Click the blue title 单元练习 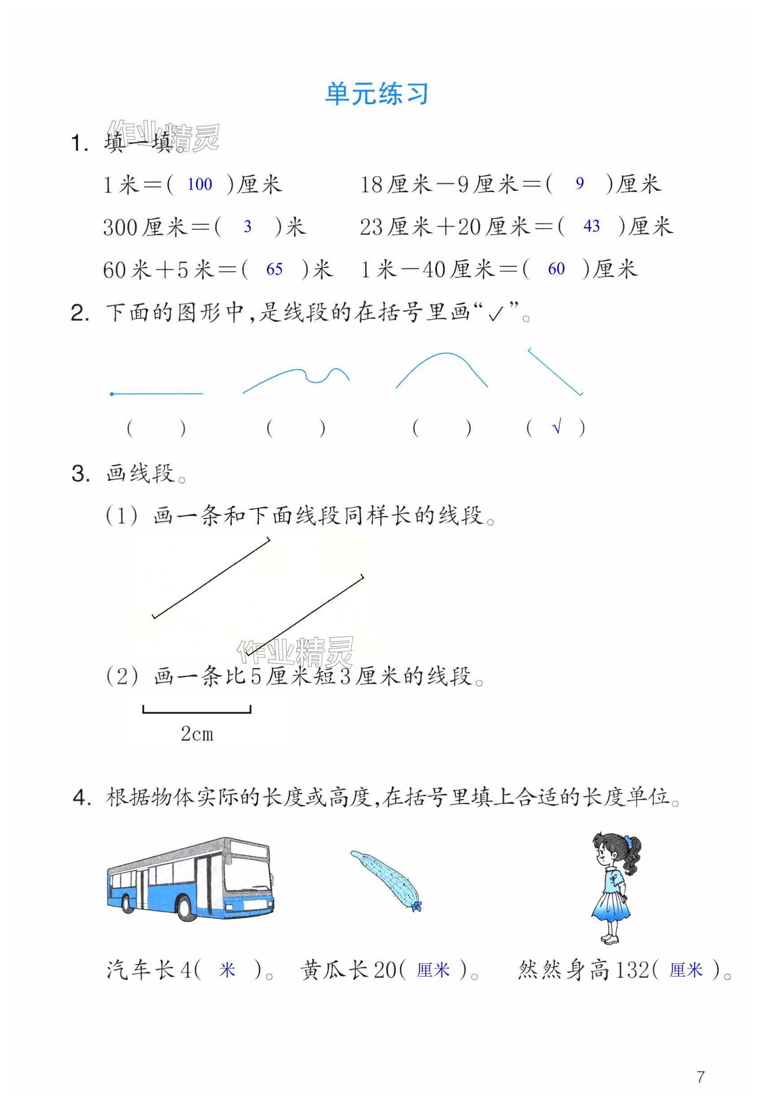click(376, 94)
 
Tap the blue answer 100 click(199, 184)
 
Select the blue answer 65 click(274, 269)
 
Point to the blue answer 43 click(591, 226)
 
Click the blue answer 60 click(556, 269)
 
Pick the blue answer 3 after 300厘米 click(248, 227)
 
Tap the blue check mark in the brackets click(556, 427)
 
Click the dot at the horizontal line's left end click(112, 394)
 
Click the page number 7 click(700, 1077)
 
